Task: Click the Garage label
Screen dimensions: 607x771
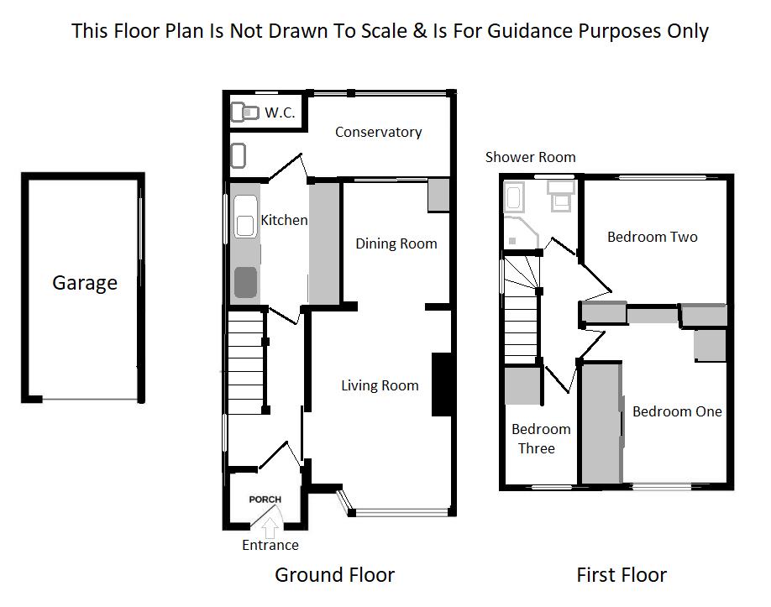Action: (85, 283)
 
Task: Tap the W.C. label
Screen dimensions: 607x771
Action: (280, 113)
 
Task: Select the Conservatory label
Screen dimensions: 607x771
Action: (378, 132)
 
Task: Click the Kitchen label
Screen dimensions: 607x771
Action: (284, 220)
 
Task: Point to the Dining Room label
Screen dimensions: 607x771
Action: (396, 243)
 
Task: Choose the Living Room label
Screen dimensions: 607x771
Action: (380, 385)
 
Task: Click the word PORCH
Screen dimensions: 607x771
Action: (265, 500)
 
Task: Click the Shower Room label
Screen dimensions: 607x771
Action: (530, 157)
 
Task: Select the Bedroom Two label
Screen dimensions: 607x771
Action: (653, 237)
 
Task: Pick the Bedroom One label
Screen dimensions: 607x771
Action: (677, 411)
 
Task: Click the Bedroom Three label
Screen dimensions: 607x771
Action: (541, 438)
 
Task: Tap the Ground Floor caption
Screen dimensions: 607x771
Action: (334, 575)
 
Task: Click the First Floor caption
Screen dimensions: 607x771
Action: (622, 575)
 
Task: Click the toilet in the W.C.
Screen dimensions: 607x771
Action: (244, 112)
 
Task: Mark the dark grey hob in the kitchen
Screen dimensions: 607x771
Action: (245, 281)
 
